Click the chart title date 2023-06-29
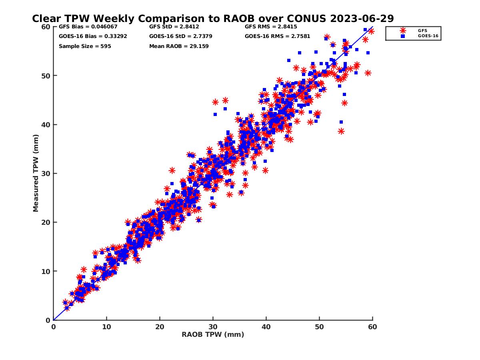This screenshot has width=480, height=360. (x=362, y=18)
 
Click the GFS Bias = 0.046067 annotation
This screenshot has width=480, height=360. (x=88, y=27)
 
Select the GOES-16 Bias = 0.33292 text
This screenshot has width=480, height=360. (x=93, y=36)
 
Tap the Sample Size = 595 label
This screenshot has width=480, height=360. (x=85, y=46)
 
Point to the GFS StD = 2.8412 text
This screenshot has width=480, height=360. (x=174, y=27)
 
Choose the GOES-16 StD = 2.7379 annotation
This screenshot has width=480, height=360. (x=181, y=36)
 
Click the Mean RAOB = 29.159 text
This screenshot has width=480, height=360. (x=179, y=46)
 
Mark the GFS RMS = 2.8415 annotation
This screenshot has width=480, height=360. (x=271, y=27)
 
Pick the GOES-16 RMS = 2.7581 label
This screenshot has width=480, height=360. (x=277, y=36)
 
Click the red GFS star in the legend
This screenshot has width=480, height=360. (x=402, y=31)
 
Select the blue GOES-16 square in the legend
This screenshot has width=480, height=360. (x=402, y=36)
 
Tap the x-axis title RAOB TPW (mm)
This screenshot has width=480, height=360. (x=213, y=335)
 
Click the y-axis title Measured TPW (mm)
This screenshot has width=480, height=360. (x=36, y=173)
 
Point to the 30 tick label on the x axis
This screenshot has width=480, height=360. (x=213, y=327)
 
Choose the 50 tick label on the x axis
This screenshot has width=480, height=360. (x=319, y=327)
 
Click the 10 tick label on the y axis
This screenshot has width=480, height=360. (x=46, y=272)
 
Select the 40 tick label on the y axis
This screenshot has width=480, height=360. (x=46, y=125)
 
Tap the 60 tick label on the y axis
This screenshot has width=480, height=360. (x=46, y=27)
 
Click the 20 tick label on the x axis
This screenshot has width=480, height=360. (x=160, y=327)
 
